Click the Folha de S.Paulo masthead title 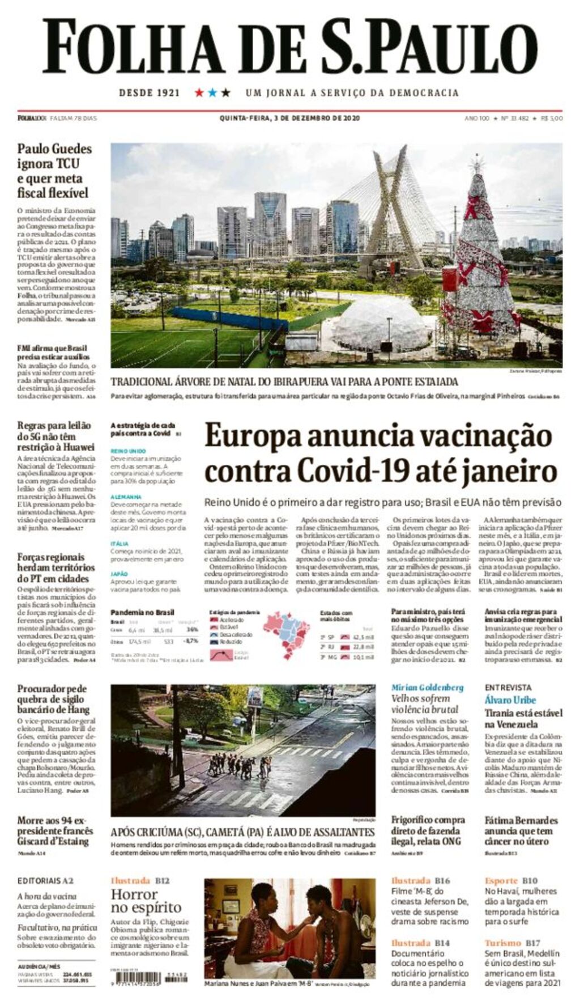pos(289,47)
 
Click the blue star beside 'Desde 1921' pos(212,92)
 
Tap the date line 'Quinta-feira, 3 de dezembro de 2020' pos(289,118)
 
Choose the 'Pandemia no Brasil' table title pos(142,612)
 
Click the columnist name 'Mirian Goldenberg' pos(427,687)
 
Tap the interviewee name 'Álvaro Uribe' pos(510,699)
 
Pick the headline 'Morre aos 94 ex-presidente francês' pos(55,830)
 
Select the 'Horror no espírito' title pos(146,901)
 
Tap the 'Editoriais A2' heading pos(45,880)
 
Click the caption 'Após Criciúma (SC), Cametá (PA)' pos(242,832)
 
